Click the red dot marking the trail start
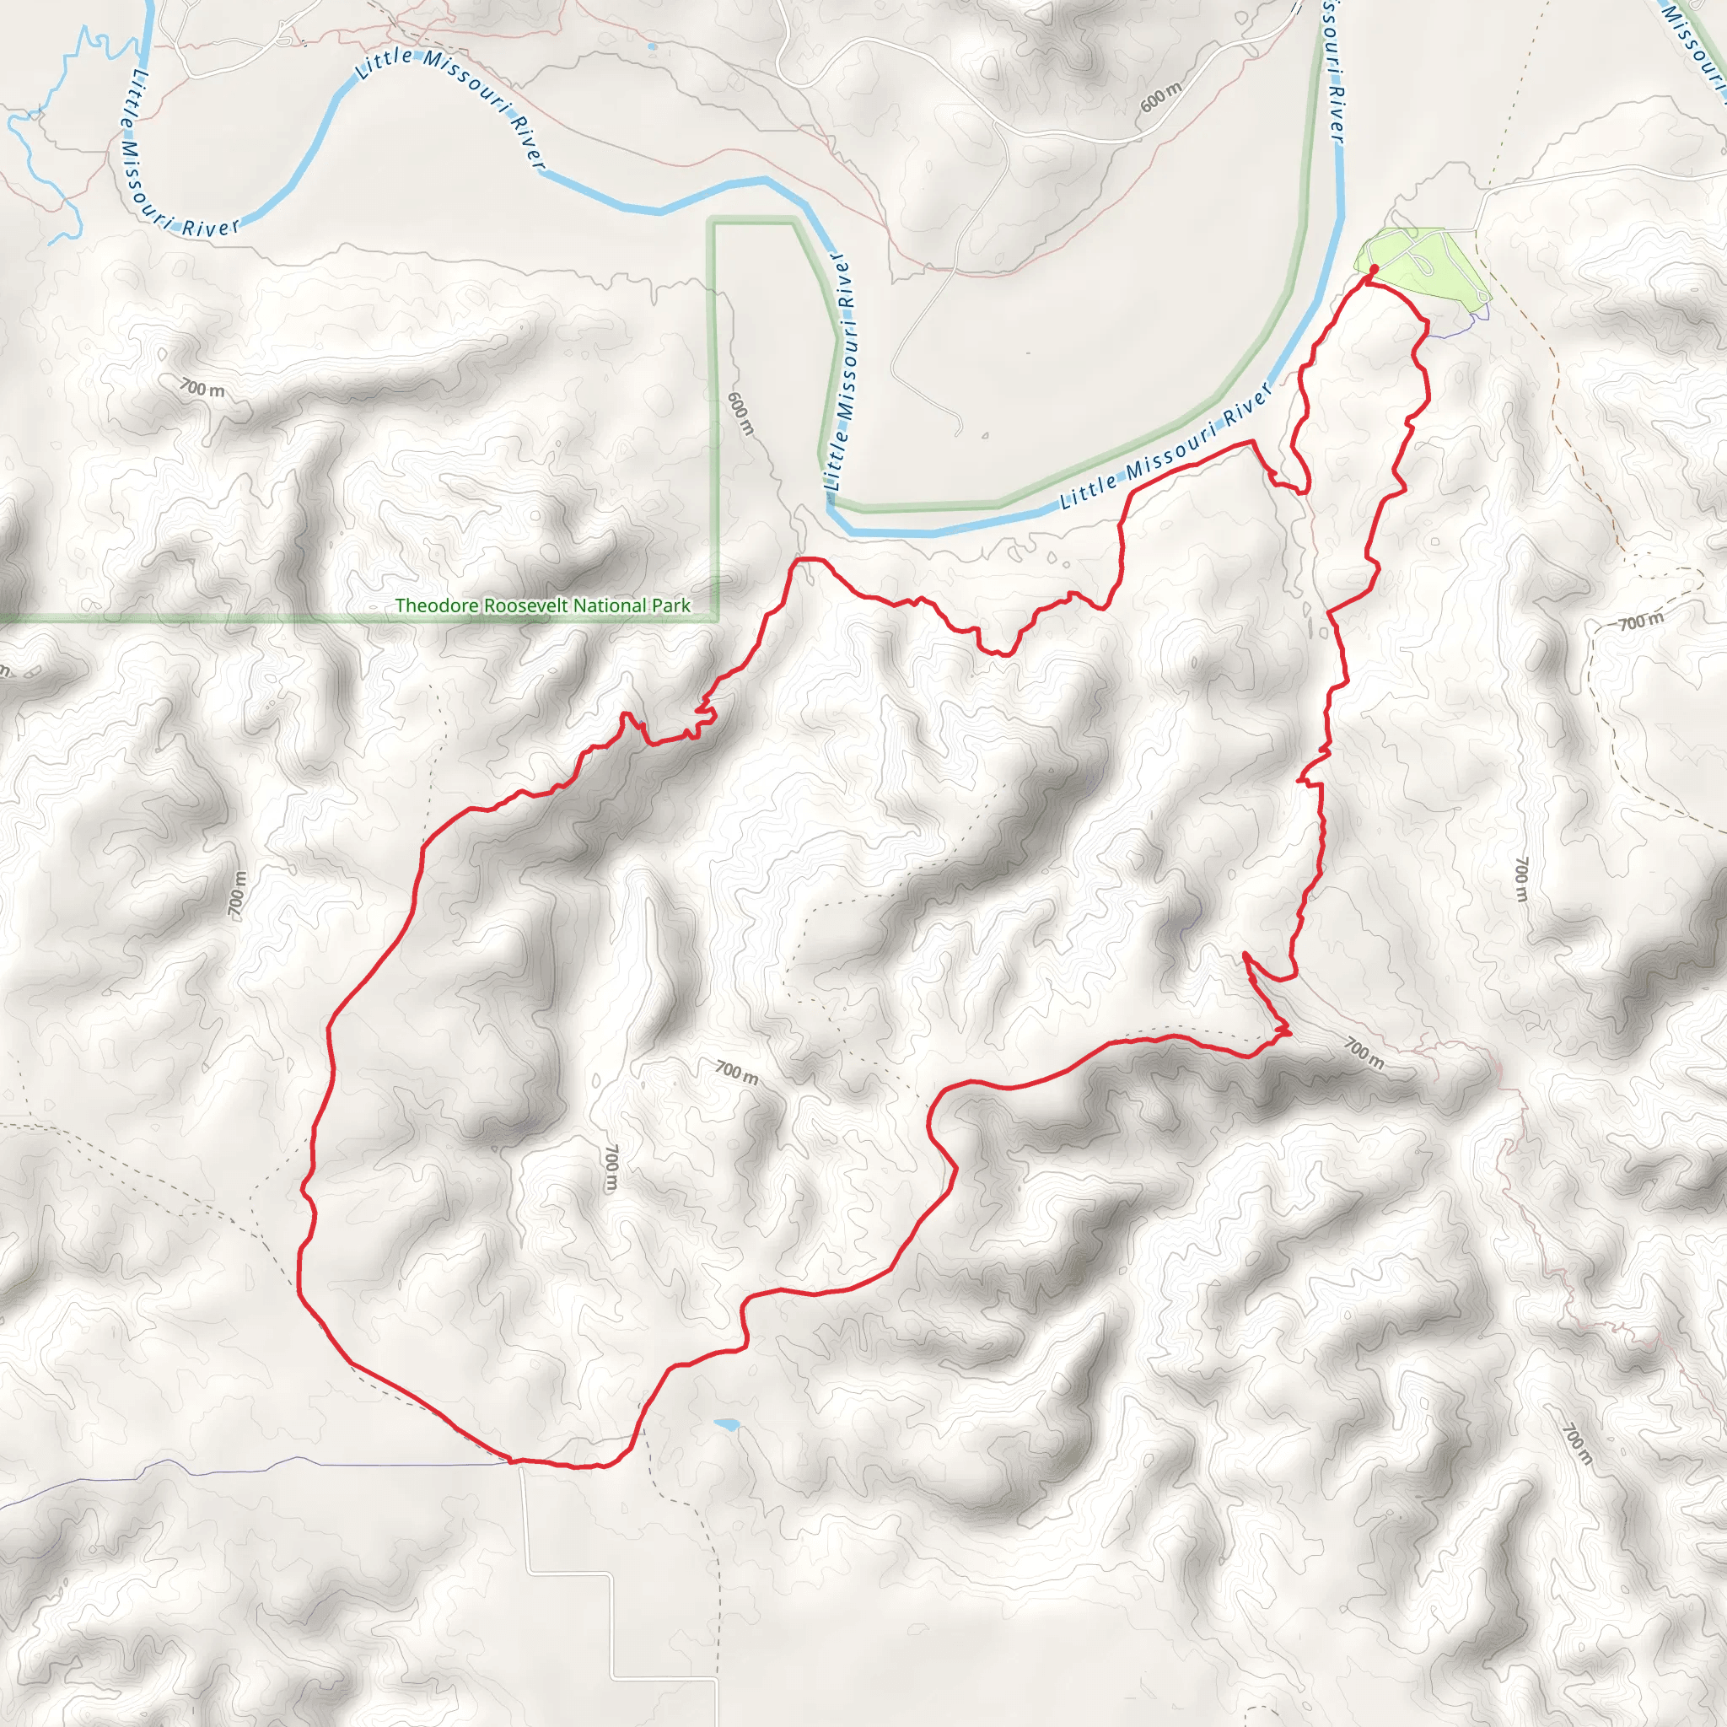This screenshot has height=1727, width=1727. tap(1373, 268)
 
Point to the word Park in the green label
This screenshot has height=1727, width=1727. tap(672, 605)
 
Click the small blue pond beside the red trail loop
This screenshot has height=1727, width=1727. tap(727, 1424)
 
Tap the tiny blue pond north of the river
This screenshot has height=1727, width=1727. tap(652, 46)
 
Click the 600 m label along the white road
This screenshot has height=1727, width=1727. tap(1161, 95)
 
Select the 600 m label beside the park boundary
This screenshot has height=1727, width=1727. tap(740, 413)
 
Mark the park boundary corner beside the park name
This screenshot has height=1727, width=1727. tap(717, 616)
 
